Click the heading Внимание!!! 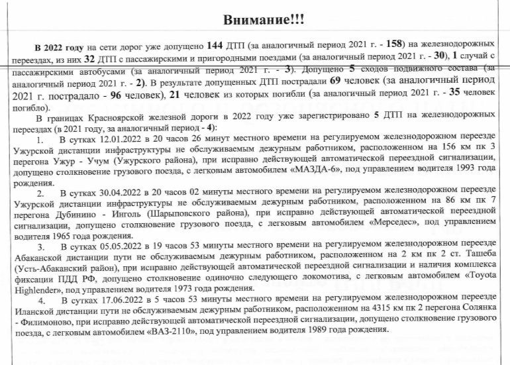coord(255,21)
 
